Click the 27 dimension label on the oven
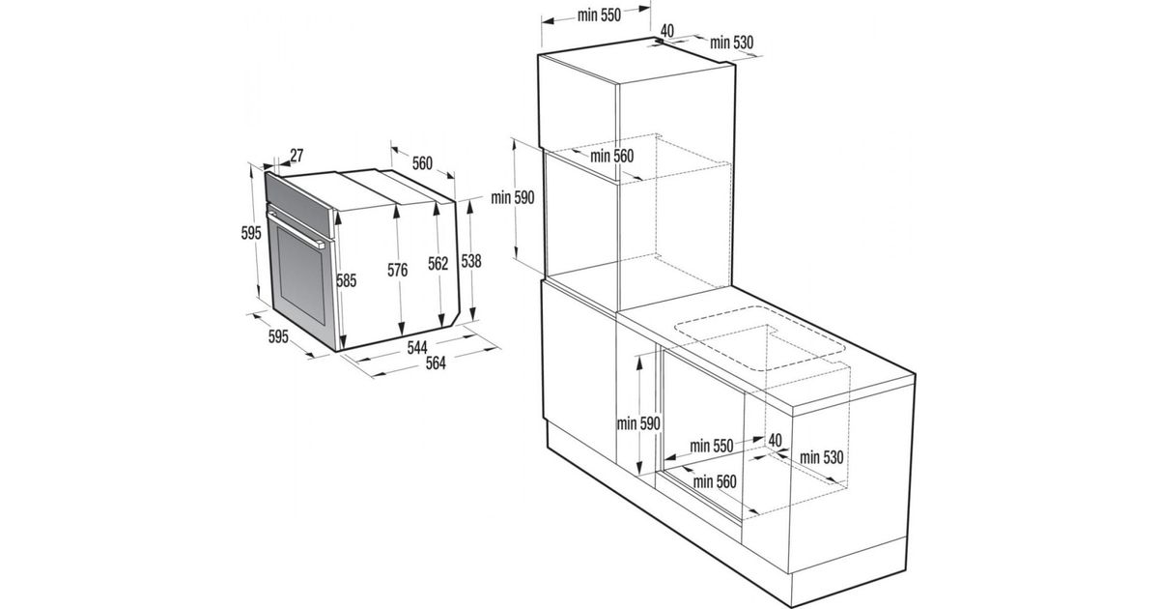click(x=297, y=156)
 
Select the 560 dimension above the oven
click(x=422, y=163)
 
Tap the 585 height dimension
click(x=347, y=280)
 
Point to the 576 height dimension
click(x=398, y=270)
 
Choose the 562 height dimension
click(x=438, y=264)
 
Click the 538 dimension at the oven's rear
click(x=471, y=262)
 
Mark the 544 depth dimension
click(x=417, y=347)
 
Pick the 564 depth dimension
click(x=436, y=363)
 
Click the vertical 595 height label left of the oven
click(x=251, y=234)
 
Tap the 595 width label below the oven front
click(x=278, y=336)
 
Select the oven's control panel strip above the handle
click(x=298, y=204)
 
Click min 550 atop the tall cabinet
click(x=599, y=15)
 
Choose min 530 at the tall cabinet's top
click(x=732, y=43)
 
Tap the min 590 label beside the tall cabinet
click(x=513, y=197)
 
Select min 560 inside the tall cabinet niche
click(x=611, y=156)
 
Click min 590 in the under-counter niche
click(x=638, y=423)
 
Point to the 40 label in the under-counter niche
click(x=775, y=441)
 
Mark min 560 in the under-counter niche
click(x=715, y=482)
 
